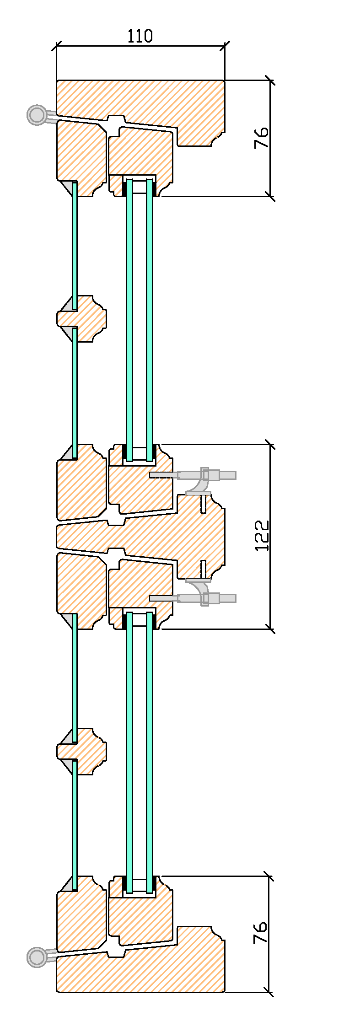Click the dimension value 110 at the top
pos(140,36)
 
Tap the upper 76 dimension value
pos(261,138)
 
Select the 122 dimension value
pos(262,535)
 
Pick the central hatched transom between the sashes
pos(183,535)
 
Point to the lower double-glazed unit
pos(140,750)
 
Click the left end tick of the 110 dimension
pos(57,45)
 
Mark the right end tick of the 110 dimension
pos(225,45)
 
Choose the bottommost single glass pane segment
pos(75,823)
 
